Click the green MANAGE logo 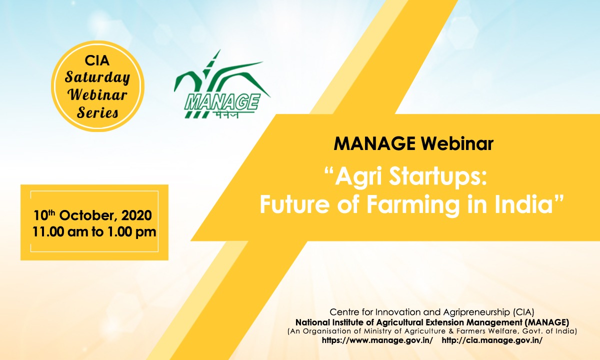point(222,84)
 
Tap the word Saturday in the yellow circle point(97,77)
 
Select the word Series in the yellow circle point(97,112)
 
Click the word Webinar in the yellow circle point(97,94)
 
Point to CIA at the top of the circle point(97,60)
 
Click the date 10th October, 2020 point(92,215)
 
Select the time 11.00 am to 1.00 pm point(94,231)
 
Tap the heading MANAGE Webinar point(413,144)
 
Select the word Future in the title point(294,204)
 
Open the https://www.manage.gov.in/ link point(377,340)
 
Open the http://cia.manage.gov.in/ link point(492,340)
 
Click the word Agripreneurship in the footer point(477,312)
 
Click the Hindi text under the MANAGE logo point(226,115)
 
